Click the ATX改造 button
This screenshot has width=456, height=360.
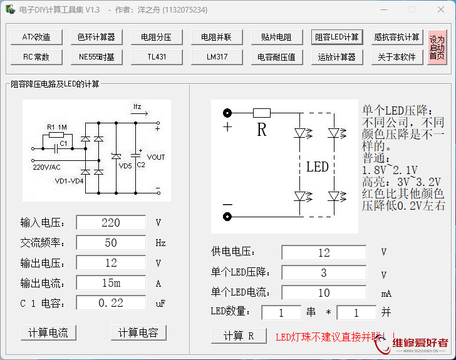click(x=36, y=37)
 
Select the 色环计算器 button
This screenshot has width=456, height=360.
click(x=96, y=37)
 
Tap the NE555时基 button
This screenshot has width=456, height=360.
click(x=96, y=57)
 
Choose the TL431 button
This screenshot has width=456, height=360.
click(x=157, y=57)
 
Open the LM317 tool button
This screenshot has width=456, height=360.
click(x=216, y=57)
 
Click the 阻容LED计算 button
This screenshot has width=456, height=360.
click(x=336, y=37)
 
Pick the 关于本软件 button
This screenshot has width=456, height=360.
click(x=396, y=57)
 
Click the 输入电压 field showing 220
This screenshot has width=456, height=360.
click(x=110, y=223)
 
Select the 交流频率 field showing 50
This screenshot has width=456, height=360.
click(x=110, y=243)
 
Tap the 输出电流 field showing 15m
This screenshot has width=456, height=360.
click(x=110, y=283)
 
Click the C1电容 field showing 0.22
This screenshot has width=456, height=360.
click(x=110, y=303)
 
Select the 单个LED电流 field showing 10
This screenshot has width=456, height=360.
click(x=323, y=292)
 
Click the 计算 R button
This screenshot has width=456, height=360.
click(x=239, y=336)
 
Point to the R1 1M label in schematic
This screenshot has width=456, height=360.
click(x=57, y=126)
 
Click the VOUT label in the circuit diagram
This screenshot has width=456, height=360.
click(x=156, y=157)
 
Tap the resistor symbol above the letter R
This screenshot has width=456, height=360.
click(x=261, y=113)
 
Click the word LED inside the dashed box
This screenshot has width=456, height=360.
click(x=317, y=167)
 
